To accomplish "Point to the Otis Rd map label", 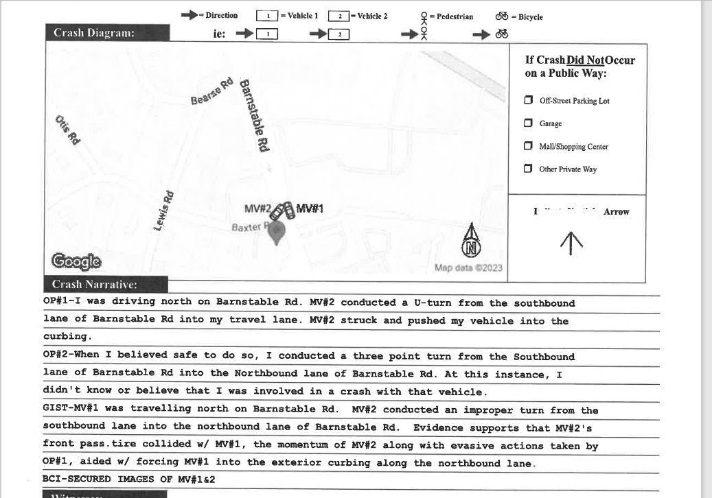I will pyautogui.click(x=68, y=130).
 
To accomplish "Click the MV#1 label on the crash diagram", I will pyautogui.click(x=310, y=209).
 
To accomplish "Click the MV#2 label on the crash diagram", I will pyautogui.click(x=258, y=209).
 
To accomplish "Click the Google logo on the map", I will pyautogui.click(x=76, y=261).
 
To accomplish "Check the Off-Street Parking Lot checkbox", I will pyautogui.click(x=528, y=100).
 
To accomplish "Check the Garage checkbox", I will pyautogui.click(x=528, y=123).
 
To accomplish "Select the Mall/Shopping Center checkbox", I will pyautogui.click(x=528, y=146).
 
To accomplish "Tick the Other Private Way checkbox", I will pyautogui.click(x=528, y=169).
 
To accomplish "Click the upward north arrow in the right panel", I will pyautogui.click(x=571, y=241).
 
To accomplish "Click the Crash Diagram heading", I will pyautogui.click(x=93, y=33).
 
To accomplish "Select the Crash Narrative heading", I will pyautogui.click(x=95, y=284).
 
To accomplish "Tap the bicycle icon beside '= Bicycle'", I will pyautogui.click(x=502, y=16).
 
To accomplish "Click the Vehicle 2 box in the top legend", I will pyautogui.click(x=338, y=16).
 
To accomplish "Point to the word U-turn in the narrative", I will pyautogui.click(x=433, y=303).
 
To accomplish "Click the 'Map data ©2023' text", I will pyautogui.click(x=468, y=268).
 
